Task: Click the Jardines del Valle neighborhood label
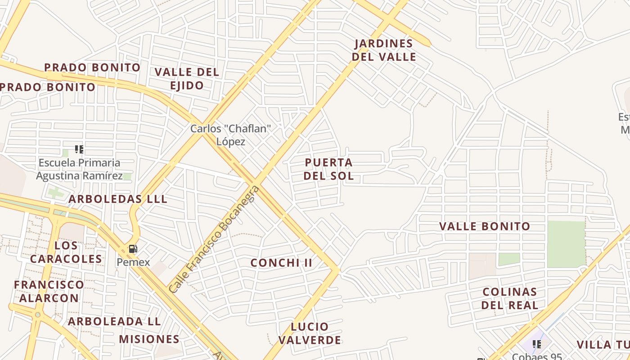[x=384, y=50]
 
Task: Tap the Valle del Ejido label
[x=187, y=79]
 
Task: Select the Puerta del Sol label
[x=328, y=169]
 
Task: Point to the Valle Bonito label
[x=485, y=226]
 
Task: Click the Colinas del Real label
[x=509, y=298]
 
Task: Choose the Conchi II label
[x=281, y=263]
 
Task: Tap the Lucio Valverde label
[x=310, y=333]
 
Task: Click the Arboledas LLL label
[x=118, y=199]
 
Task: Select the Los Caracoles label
[x=66, y=252]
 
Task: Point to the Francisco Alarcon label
[x=49, y=291]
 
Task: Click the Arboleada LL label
[x=114, y=322]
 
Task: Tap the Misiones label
[x=149, y=339]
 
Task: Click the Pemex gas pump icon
[x=133, y=249]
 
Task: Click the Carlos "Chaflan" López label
[x=231, y=135]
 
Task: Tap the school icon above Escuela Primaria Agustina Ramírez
[x=79, y=149]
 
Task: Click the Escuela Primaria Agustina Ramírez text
[x=79, y=169]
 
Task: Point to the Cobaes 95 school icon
[x=536, y=344]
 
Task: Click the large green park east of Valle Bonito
[x=566, y=243]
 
